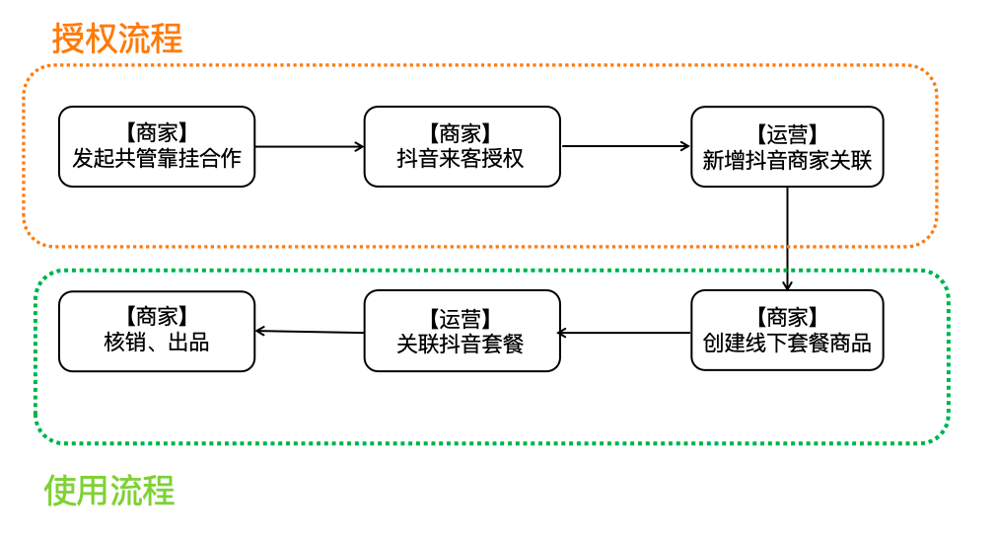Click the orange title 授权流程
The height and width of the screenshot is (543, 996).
tap(117, 39)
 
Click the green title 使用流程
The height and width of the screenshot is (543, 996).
tap(109, 490)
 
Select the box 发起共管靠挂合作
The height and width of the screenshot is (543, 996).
tap(157, 146)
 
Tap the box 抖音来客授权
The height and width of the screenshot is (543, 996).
tap(462, 146)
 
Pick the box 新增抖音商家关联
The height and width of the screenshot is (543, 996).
tap(787, 146)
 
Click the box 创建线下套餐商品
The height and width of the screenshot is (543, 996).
tap(787, 331)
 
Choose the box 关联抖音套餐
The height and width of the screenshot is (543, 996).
tap(462, 331)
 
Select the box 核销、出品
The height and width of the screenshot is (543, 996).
tap(157, 331)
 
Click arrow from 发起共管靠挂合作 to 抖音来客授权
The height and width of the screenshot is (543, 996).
tap(310, 146)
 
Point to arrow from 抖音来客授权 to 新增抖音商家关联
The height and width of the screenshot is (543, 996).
tap(625, 146)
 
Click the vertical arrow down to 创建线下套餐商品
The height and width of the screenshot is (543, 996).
tap(787, 237)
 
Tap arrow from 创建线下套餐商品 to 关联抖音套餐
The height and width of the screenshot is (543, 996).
tap(625, 333)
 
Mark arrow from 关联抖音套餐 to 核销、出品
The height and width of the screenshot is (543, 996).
tap(310, 331)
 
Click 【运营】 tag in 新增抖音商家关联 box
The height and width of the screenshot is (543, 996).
tap(787, 134)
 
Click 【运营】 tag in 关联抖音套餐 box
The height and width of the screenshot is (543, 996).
tap(462, 319)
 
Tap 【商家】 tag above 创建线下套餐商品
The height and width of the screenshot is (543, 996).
tap(787, 318)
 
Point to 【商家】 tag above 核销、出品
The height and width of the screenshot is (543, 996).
tap(157, 318)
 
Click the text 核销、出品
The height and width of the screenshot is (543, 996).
tap(157, 344)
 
